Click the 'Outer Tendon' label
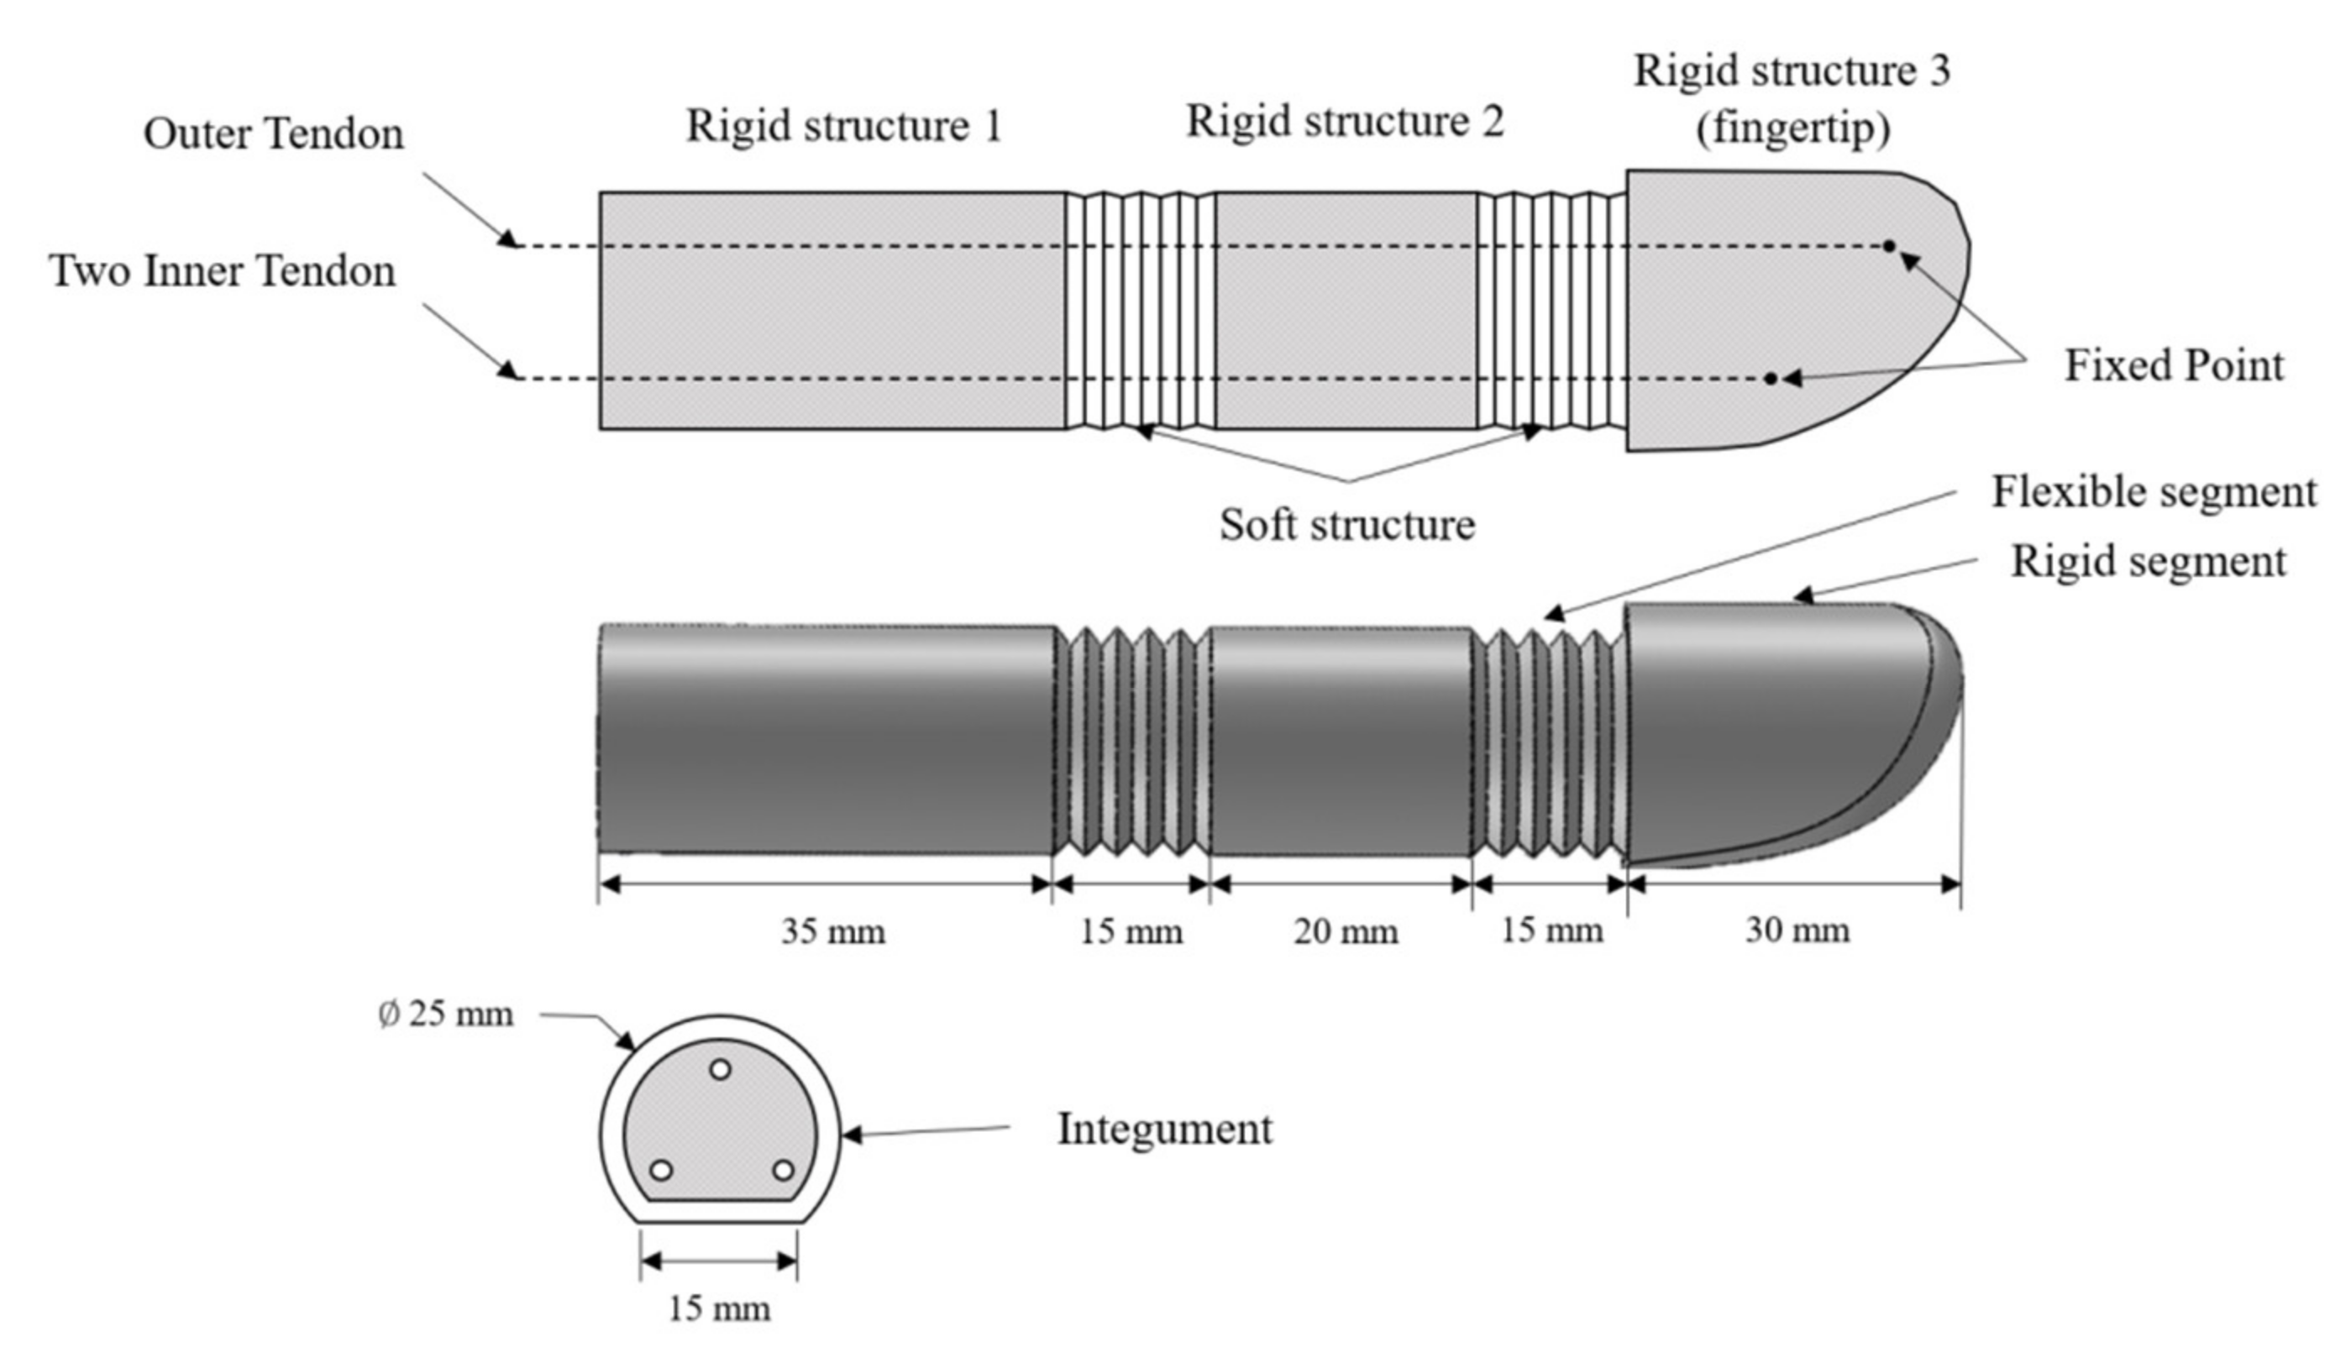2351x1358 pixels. [x=273, y=134]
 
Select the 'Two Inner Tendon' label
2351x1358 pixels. [x=223, y=271]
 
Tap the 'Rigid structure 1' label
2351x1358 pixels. [x=844, y=126]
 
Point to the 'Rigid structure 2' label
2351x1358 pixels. [x=1345, y=122]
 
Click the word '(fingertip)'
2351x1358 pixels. [x=1792, y=128]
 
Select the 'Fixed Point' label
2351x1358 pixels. [x=2174, y=364]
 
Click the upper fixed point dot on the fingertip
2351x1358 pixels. [x=1888, y=246]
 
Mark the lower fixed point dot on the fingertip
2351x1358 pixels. [x=1770, y=379]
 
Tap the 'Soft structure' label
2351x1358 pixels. [x=1346, y=525]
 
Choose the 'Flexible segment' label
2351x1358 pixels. [x=2154, y=491]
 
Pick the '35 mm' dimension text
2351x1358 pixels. [x=832, y=931]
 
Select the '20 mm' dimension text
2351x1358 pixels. [x=1345, y=931]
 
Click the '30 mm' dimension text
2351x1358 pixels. [x=1797, y=931]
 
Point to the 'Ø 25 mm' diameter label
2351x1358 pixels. [x=446, y=1014]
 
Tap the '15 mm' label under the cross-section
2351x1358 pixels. [x=719, y=1309]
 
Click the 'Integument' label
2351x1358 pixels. [x=1164, y=1129]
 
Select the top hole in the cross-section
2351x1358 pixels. [x=720, y=1070]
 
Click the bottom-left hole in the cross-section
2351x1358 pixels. [x=661, y=1170]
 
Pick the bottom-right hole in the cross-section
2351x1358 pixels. [x=784, y=1170]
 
